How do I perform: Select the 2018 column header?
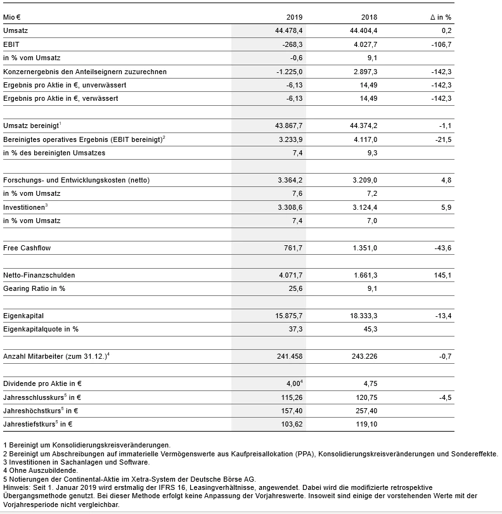[370, 16]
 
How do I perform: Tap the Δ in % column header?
[441, 16]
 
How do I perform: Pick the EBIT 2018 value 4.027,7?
[364, 44]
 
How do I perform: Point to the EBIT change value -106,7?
[441, 44]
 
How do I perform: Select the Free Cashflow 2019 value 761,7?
[293, 248]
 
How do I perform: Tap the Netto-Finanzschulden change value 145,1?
[442, 275]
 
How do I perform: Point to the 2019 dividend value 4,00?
[293, 384]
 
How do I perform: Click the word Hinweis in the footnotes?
[15, 487]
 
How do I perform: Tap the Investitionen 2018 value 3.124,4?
[364, 207]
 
